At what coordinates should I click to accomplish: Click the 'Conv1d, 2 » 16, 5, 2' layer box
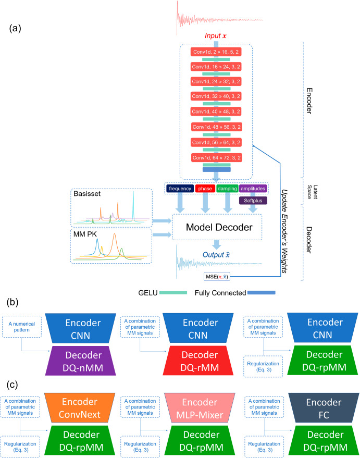[x=216, y=52]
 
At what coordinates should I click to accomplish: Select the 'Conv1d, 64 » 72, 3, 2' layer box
[x=216, y=156]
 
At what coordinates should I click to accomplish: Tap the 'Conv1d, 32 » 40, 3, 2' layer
[x=216, y=97]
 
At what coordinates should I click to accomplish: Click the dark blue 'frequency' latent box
[x=180, y=188]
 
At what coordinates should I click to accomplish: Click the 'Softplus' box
[x=254, y=200]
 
